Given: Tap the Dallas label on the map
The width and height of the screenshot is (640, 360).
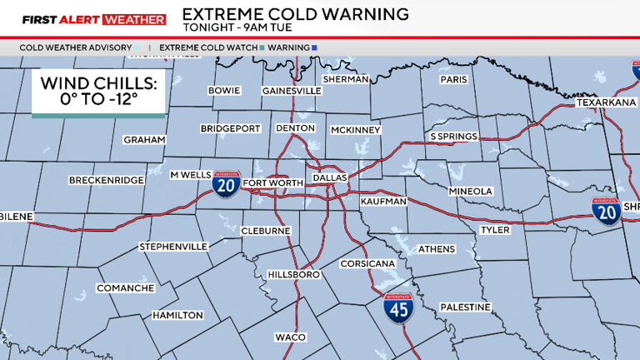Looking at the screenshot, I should pos(329,178).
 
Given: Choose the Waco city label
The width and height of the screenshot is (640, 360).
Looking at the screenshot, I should pos(291,337).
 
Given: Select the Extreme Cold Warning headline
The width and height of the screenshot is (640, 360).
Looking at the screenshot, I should pos(295,14).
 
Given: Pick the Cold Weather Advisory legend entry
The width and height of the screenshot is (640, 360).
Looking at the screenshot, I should pos(76,47).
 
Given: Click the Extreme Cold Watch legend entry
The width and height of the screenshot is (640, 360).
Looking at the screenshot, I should pos(207,47).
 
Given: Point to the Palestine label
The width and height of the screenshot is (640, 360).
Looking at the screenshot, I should pos(465,307).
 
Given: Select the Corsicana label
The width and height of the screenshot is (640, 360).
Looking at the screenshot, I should pos(367,263).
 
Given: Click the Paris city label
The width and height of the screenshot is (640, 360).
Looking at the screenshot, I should pos(454,79).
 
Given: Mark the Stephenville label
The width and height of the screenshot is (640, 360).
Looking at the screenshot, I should pos(173,247).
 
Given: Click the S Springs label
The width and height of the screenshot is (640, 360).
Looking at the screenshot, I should pos(453,136).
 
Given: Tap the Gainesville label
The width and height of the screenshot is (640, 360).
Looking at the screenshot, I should pos(292,90).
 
